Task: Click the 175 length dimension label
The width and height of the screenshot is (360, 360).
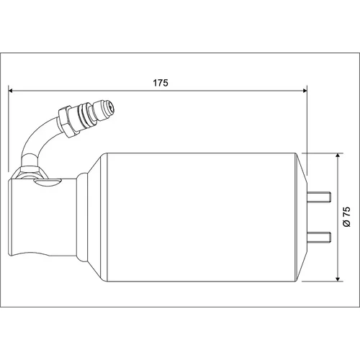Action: (x=161, y=83)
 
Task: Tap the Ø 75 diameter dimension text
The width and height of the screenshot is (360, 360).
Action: (x=347, y=217)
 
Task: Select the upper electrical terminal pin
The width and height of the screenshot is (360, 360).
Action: (x=319, y=197)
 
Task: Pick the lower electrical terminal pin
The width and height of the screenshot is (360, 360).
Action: (x=319, y=237)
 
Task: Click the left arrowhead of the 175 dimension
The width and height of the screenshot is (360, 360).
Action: (x=10, y=91)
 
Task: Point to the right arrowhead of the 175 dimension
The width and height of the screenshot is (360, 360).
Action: (x=305, y=91)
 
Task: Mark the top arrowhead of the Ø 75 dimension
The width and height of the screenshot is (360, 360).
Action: (x=338, y=155)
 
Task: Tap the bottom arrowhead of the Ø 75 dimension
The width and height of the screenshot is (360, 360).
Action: (x=338, y=279)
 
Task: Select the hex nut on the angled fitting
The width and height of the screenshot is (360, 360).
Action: (x=66, y=121)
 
